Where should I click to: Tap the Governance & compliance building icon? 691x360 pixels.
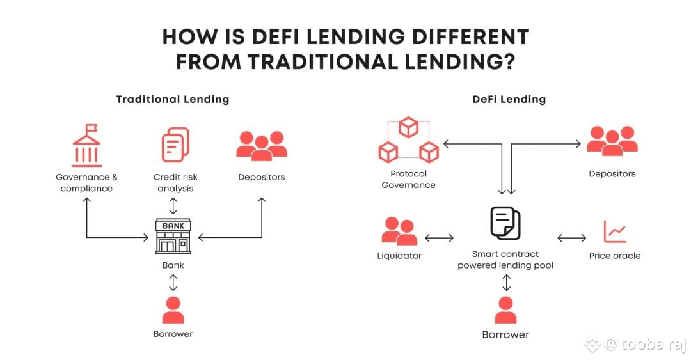[86, 146]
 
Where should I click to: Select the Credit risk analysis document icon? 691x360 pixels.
[174, 145]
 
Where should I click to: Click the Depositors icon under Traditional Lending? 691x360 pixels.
[261, 146]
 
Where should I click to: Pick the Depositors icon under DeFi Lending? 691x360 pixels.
[612, 141]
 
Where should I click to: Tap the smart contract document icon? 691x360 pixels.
[505, 223]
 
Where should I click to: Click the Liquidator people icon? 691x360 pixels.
[399, 231]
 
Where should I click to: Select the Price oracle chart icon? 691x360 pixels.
[615, 231]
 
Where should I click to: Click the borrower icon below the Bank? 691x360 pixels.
[173, 310]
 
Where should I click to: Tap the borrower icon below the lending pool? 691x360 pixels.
[505, 310]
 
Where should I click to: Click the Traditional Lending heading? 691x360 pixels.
[173, 99]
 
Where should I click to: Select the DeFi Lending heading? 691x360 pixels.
[509, 99]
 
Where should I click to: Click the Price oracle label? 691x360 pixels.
[615, 256]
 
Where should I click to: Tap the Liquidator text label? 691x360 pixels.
[399, 256]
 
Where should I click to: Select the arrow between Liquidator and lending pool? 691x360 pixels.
[439, 239]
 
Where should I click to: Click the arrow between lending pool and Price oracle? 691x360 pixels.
[571, 239]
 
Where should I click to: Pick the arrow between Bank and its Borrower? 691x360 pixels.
[173, 282]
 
